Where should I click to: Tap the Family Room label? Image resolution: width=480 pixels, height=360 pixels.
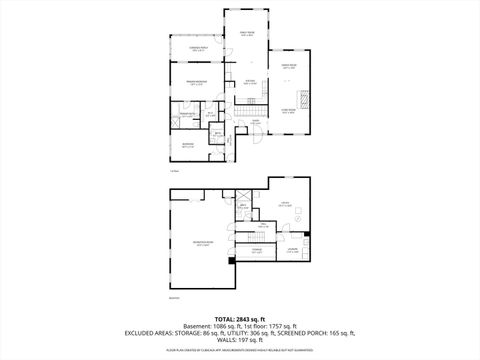tap(246, 34)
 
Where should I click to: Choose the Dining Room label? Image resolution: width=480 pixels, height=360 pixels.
tap(289, 67)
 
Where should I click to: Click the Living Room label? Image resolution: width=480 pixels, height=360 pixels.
tap(289, 111)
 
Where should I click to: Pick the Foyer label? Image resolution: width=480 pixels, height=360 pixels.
tap(255, 123)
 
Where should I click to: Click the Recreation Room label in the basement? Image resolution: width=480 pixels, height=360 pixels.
tap(202, 245)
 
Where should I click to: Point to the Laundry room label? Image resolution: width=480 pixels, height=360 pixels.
tap(292, 250)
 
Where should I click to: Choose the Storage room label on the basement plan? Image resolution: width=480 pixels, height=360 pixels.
tap(257, 251)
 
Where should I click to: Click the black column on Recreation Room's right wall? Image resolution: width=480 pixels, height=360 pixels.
tap(231, 260)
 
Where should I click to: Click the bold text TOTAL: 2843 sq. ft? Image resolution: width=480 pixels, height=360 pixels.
tap(239, 317)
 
